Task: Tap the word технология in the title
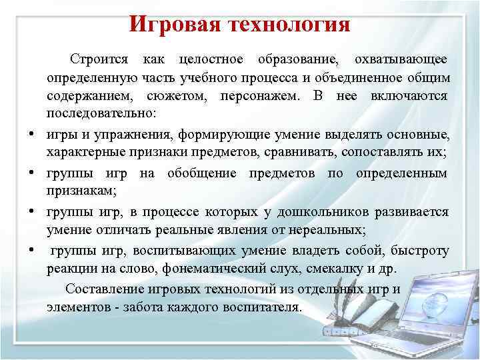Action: click(291, 25)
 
